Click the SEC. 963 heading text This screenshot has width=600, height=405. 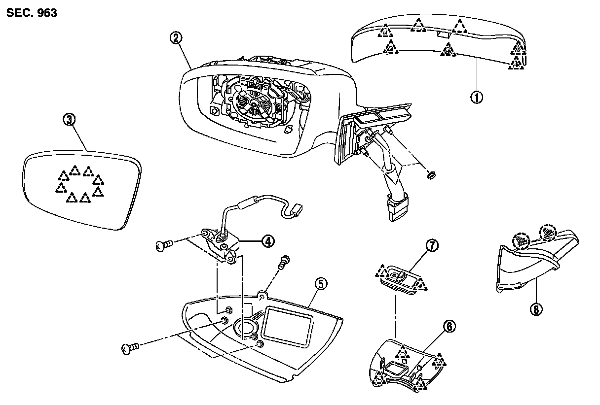pos(32,13)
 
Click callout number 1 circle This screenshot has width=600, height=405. pos(476,97)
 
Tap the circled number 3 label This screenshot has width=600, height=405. pos(70,120)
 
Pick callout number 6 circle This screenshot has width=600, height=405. pos(450,326)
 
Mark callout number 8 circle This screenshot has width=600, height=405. pos(536,309)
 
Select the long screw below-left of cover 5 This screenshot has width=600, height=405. pos(129,349)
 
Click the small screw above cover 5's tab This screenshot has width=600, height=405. pos(284,262)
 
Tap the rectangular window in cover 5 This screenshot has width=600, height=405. pos(288,325)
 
